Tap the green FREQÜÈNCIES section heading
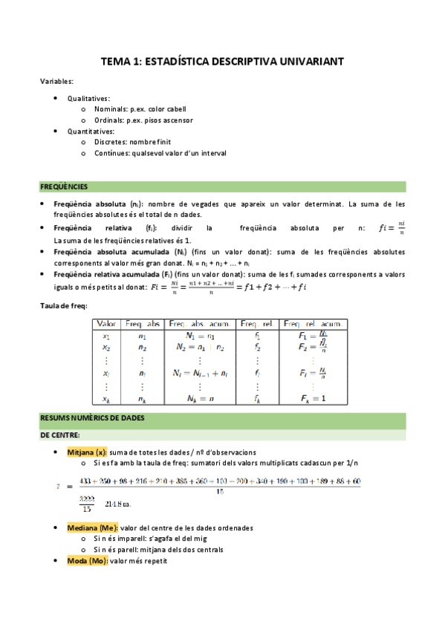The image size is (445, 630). click(x=64, y=186)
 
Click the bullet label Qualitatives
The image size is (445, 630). click(x=88, y=98)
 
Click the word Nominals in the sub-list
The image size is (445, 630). click(x=111, y=109)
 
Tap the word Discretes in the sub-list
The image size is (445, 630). click(x=111, y=142)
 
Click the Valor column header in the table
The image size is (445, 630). click(x=108, y=324)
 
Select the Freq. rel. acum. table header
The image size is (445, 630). click(x=312, y=324)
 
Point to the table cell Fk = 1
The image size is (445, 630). click(x=312, y=398)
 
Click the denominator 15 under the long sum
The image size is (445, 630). click(x=219, y=491)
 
